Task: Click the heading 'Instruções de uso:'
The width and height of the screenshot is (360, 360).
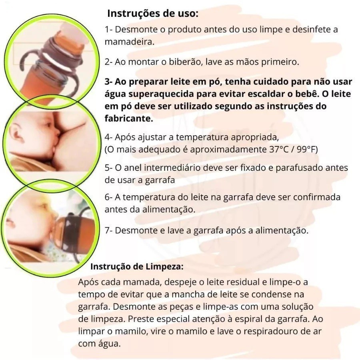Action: click(153, 14)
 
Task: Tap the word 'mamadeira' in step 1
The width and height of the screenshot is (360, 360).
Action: click(130, 42)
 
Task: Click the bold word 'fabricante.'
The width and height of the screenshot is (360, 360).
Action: click(129, 118)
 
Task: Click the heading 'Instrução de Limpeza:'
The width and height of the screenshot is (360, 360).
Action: click(137, 266)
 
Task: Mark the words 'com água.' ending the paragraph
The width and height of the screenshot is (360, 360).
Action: click(100, 344)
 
